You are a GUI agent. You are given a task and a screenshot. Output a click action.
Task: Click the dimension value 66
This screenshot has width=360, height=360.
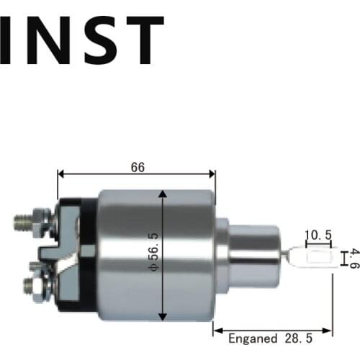click(138, 166)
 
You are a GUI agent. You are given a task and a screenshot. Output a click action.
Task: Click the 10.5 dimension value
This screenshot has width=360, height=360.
click(317, 235)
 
